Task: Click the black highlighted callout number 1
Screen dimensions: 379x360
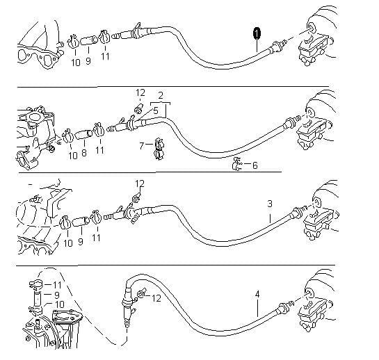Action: [257, 33]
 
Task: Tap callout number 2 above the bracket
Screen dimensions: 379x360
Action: [161, 95]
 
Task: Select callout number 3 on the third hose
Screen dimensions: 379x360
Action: [270, 204]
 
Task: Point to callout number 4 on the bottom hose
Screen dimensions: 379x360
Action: [257, 294]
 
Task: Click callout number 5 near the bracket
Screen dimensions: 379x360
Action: [155, 111]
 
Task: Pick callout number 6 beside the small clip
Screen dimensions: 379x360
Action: [255, 165]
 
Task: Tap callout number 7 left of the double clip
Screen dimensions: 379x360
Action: [142, 146]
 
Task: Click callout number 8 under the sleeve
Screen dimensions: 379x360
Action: [84, 153]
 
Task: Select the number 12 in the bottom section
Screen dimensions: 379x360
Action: [156, 298]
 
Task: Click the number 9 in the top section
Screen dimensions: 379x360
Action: [88, 61]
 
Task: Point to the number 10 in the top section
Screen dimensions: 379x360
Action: [76, 63]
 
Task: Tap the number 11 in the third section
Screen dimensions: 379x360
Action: [96, 238]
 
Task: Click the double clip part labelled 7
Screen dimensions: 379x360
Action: [159, 149]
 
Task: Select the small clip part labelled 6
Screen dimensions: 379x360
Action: [237, 164]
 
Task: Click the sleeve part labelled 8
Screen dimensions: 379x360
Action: [83, 135]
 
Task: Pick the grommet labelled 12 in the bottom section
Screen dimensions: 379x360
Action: [141, 293]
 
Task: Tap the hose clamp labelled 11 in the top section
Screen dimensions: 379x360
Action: [105, 37]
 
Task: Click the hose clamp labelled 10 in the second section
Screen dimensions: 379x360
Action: [68, 136]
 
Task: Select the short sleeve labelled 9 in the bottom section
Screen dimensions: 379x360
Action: [37, 299]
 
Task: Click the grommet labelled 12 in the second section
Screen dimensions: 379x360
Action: [139, 108]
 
